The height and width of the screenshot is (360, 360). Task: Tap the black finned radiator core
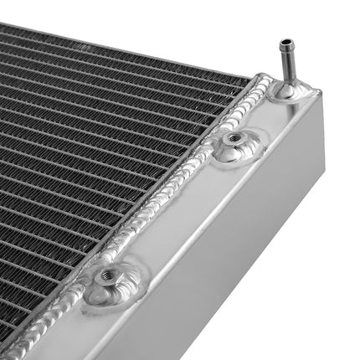84,151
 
